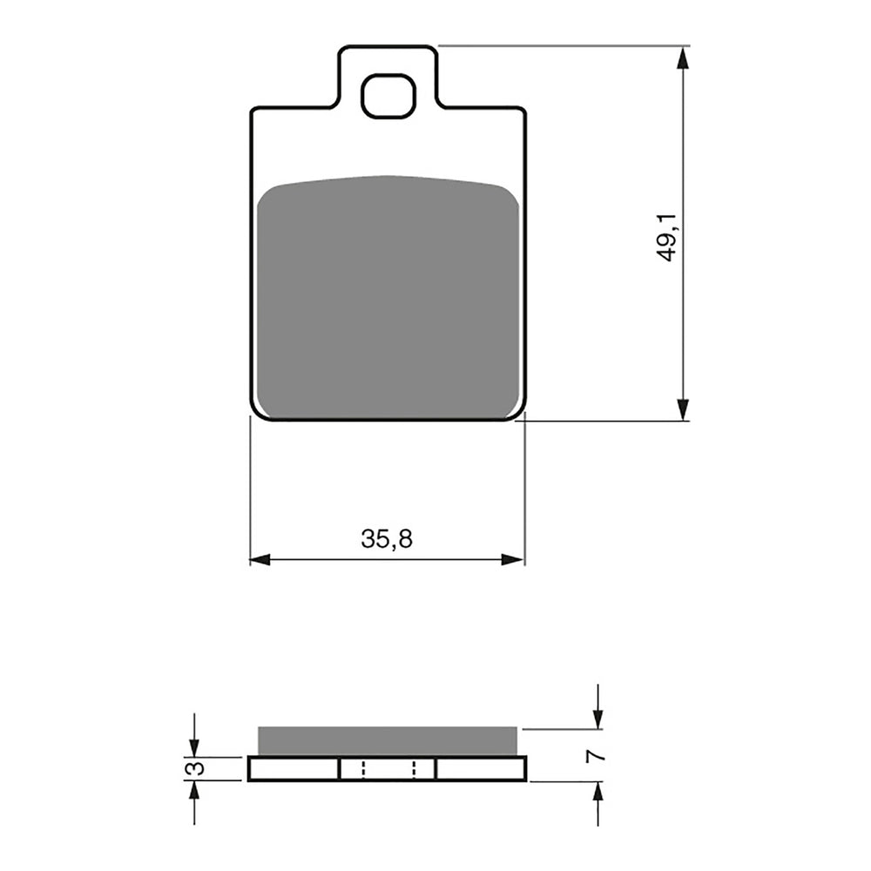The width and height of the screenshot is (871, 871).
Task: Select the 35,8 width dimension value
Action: (x=387, y=539)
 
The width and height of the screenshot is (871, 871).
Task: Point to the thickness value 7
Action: (x=597, y=755)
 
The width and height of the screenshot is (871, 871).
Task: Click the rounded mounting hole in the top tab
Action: (x=388, y=96)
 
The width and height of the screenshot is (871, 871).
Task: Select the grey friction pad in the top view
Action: (x=388, y=296)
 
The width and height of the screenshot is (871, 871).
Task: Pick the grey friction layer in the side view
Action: (x=387, y=739)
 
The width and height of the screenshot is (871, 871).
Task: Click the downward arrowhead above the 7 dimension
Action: (x=598, y=719)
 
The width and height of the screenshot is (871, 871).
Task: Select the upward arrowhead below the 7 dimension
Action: (x=598, y=792)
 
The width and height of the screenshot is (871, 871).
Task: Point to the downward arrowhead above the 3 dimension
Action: (x=194, y=746)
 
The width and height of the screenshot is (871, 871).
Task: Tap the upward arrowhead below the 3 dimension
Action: (x=194, y=790)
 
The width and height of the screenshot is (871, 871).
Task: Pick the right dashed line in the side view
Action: (x=415, y=768)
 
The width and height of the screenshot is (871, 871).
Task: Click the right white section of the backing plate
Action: (x=481, y=768)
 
